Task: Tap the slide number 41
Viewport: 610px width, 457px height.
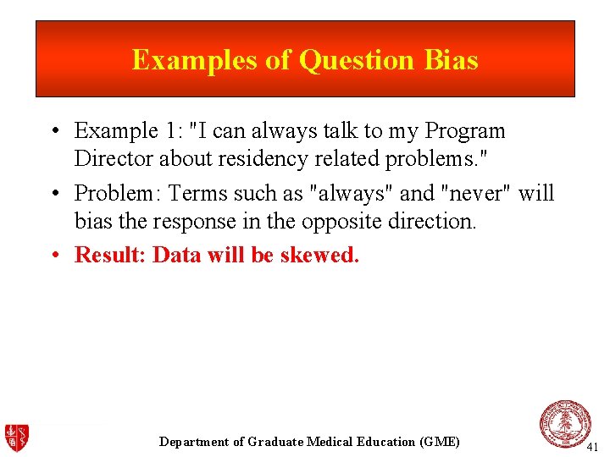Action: click(592, 446)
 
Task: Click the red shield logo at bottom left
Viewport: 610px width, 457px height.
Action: click(17, 437)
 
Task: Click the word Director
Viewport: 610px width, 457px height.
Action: click(109, 158)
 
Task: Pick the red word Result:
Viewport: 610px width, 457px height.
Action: click(110, 255)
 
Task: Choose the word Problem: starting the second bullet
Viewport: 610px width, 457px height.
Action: click(118, 193)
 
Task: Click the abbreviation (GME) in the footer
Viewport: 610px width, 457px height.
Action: click(440, 442)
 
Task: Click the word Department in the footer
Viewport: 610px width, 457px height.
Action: click(194, 442)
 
